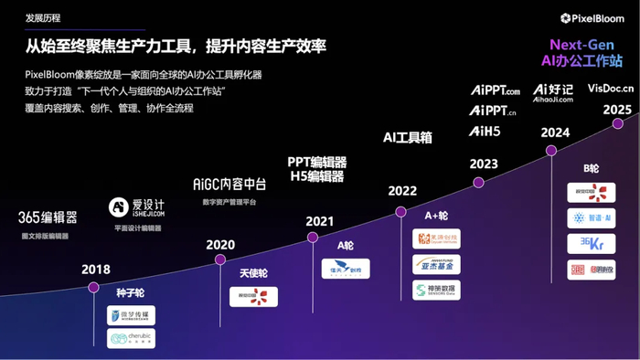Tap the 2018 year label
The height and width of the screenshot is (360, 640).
(95, 270)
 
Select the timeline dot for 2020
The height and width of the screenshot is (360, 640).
(219, 259)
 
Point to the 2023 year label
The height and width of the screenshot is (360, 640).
(484, 164)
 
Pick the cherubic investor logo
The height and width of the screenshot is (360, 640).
(131, 339)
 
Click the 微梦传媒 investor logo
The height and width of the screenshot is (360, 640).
(131, 316)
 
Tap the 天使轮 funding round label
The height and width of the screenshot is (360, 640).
(253, 273)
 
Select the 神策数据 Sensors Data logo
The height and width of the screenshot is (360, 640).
(436, 290)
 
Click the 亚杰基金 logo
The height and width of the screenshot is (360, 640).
(436, 265)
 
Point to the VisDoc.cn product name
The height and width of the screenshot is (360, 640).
(612, 90)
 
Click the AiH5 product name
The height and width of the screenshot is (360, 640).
(486, 132)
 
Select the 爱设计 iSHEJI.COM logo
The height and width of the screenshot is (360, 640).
(136, 208)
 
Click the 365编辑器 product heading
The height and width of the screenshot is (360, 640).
(48, 218)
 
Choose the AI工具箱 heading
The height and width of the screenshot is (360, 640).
(408, 138)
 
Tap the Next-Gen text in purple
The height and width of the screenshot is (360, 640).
(585, 45)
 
